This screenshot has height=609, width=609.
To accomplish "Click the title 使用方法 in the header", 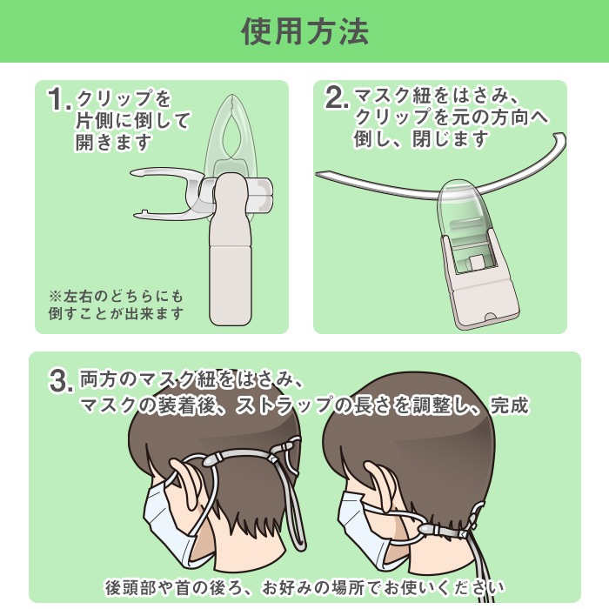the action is point(304,31).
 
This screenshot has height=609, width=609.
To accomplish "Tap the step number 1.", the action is point(59,99).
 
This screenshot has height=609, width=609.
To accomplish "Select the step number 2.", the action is point(337,97).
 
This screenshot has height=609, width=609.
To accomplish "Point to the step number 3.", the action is point(61,381).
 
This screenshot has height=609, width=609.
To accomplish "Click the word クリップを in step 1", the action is point(124,98).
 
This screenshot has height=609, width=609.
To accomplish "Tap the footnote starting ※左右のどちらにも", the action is point(116,305).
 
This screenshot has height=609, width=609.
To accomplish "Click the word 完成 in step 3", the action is point(509,405).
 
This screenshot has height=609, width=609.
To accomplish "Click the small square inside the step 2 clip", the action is point(476,264).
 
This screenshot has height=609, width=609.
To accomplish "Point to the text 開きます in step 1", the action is point(113,142).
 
